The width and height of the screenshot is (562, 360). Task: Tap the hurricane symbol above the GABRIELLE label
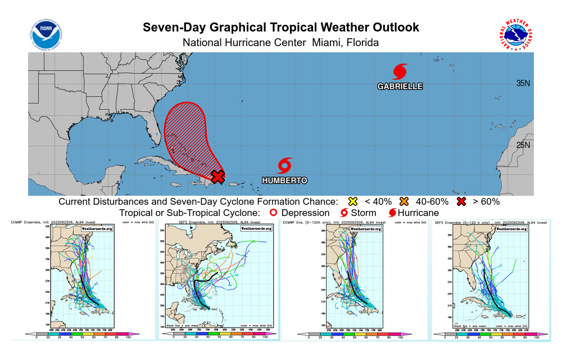(x=400, y=71)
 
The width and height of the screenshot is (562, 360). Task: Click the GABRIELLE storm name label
(x=400, y=87)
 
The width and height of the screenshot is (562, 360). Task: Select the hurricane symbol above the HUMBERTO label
(x=285, y=165)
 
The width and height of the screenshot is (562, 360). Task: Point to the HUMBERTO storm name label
(x=284, y=181)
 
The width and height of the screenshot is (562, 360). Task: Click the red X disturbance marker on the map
(x=217, y=177)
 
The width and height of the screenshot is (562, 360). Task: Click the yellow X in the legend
(x=352, y=201)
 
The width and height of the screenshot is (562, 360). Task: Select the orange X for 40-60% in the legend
(x=404, y=201)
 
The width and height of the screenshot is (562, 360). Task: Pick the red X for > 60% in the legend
(x=462, y=201)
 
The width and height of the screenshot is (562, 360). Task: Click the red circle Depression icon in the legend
(x=273, y=213)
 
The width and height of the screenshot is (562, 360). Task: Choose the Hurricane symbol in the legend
(x=392, y=213)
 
